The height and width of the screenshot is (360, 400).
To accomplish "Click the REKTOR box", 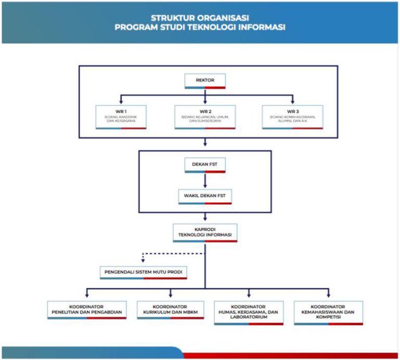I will coord(205,81).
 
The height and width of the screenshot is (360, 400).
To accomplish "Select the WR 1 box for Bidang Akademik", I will coord(121,117).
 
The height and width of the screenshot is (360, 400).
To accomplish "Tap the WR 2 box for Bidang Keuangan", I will coord(205,117).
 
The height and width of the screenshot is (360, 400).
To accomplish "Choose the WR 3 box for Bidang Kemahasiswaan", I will coord(292,117).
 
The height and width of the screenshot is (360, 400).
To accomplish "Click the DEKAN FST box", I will coord(205,165).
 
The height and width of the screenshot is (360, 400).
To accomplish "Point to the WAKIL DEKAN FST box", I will coord(205,196).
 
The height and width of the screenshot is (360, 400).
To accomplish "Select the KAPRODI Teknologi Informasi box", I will coord(205,232).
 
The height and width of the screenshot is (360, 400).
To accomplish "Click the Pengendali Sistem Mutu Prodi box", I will coord(143,272).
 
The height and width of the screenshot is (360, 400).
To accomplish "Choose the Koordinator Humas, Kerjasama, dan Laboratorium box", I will coord(248,312).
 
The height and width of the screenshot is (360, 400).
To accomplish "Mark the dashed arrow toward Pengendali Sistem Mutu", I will coord(144,258).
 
